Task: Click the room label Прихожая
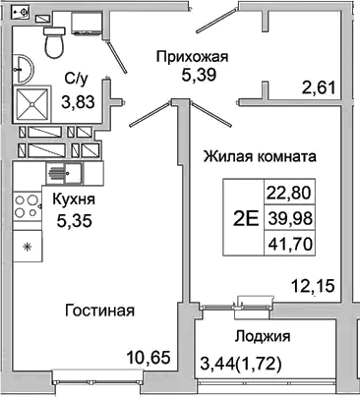[192, 55]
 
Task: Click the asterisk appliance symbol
[27, 246]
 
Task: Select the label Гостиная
[99, 311]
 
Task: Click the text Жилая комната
[259, 156]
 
